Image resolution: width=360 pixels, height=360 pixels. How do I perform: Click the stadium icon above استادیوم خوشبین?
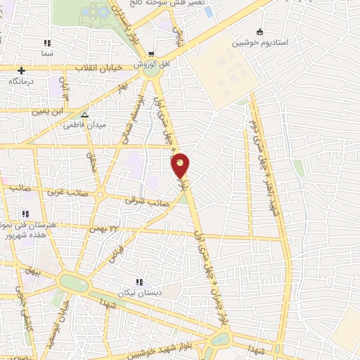pos(260,32)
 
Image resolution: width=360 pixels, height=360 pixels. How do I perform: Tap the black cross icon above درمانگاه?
pos(22,70)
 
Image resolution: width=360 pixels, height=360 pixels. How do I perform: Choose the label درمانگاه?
pos(22,82)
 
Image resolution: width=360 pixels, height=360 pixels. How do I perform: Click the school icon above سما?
pos(48,43)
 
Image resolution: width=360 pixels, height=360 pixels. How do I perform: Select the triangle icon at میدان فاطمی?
pos(84,115)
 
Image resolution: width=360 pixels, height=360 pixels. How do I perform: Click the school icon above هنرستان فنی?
pos(25,214)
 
